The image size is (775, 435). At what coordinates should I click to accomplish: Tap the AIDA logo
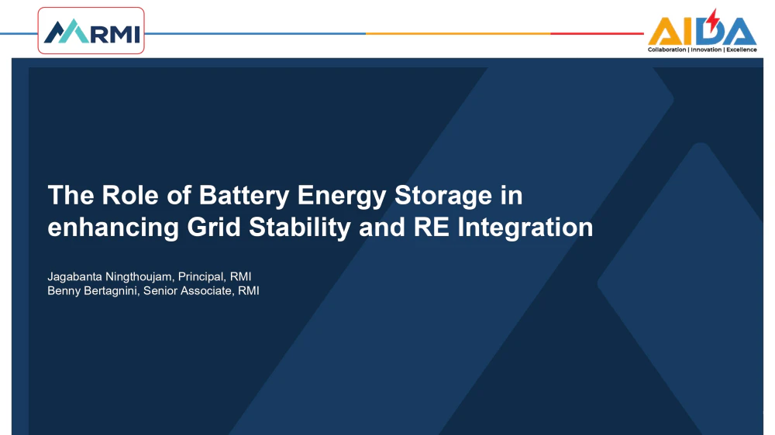tap(702, 31)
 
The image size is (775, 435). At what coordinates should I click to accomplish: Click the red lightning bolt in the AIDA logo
tap(712, 20)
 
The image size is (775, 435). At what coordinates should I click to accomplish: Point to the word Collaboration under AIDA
tap(666, 50)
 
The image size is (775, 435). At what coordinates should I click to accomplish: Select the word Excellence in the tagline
tap(742, 50)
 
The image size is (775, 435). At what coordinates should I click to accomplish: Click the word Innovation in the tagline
tap(706, 50)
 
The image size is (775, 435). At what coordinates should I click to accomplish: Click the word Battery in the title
tap(243, 196)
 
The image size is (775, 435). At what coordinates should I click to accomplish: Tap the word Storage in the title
tap(443, 196)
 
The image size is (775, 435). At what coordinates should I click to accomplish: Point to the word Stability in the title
tap(299, 228)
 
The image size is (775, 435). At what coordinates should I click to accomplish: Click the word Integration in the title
tap(525, 228)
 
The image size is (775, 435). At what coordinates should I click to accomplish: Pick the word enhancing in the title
tap(113, 228)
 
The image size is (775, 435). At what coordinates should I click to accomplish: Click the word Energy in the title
tap(342, 196)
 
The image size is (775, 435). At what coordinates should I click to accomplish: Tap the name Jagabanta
tap(74, 277)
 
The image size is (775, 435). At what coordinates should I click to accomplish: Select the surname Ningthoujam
tap(139, 277)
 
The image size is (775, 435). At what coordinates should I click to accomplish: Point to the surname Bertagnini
tap(112, 291)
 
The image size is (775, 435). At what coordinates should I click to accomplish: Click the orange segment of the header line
tap(458, 33)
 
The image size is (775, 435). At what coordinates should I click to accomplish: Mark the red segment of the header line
tap(597, 33)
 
